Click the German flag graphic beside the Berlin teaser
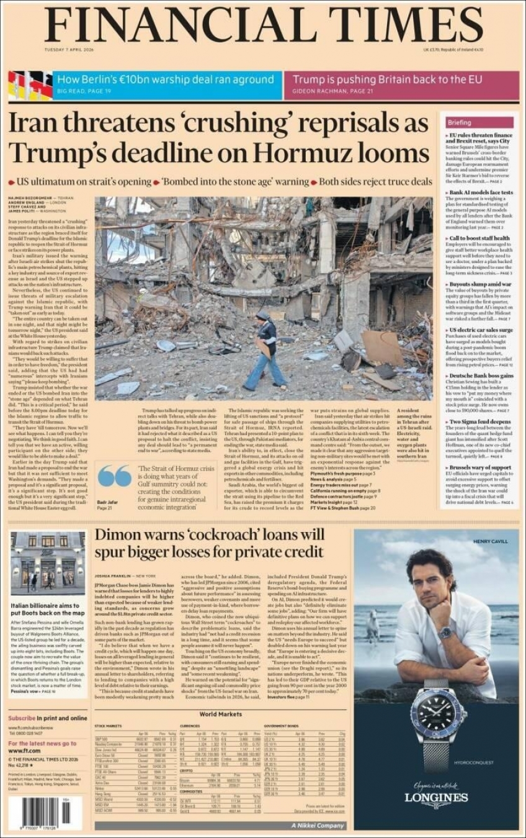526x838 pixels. [30, 86]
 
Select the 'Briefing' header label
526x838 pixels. [460, 122]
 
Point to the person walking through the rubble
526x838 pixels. [267, 351]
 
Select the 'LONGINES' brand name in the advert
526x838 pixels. [436, 797]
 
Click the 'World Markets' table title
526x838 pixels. [220, 714]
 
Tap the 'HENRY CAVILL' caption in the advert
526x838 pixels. [490, 541]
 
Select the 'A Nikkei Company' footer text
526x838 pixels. [318, 825]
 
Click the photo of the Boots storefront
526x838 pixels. [48, 563]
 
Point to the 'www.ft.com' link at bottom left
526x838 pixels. [24, 750]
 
